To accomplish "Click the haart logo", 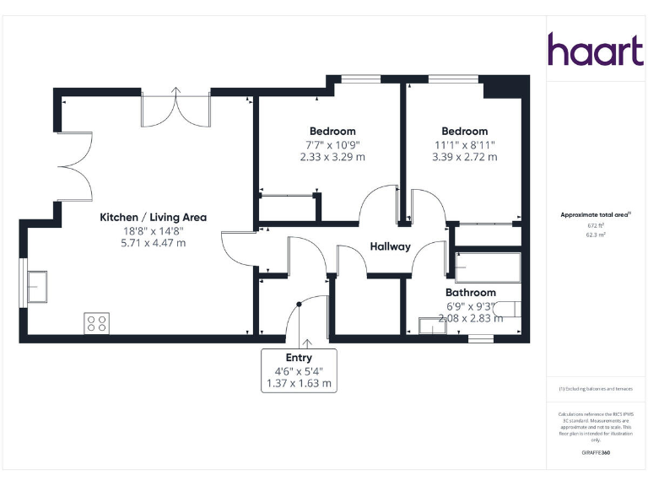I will (x=596, y=50).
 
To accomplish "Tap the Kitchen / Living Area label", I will (x=153, y=217).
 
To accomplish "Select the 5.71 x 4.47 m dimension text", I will (x=153, y=243).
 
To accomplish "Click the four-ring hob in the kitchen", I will (x=96, y=322).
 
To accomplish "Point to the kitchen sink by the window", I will (x=39, y=287).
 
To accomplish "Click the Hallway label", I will (x=390, y=246).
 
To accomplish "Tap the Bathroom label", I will (x=470, y=292).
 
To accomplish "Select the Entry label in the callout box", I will (x=299, y=358).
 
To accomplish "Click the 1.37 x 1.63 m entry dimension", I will (x=299, y=383).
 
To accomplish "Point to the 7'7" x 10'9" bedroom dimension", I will (x=332, y=144).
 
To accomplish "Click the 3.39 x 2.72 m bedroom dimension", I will (x=464, y=157).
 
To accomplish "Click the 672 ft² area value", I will (x=596, y=226).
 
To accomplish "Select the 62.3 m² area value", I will (x=596, y=235).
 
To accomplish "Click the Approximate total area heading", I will (x=596, y=215).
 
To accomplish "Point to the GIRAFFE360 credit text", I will (x=596, y=453).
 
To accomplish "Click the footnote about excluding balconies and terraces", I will (x=596, y=389).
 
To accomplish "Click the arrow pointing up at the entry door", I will (x=305, y=343).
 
